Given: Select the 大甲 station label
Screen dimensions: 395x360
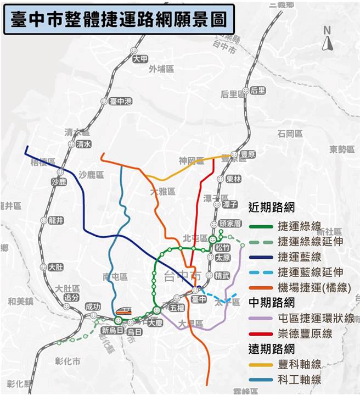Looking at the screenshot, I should click(140, 59).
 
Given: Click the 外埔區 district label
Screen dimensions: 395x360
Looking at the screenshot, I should click(161, 69).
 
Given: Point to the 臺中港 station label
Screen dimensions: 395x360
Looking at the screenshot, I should click(121, 102).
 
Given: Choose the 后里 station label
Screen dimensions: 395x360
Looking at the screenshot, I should click(257, 91).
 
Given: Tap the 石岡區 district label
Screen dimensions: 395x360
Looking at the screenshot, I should click(290, 133).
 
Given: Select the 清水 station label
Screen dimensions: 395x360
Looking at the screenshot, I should click(83, 144).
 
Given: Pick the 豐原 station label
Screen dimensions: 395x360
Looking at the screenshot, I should click(248, 155).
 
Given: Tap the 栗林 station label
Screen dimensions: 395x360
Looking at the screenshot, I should click(233, 179).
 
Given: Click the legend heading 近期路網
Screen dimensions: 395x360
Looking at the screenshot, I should click(272, 208).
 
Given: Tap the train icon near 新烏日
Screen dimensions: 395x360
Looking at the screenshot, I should click(123, 311).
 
